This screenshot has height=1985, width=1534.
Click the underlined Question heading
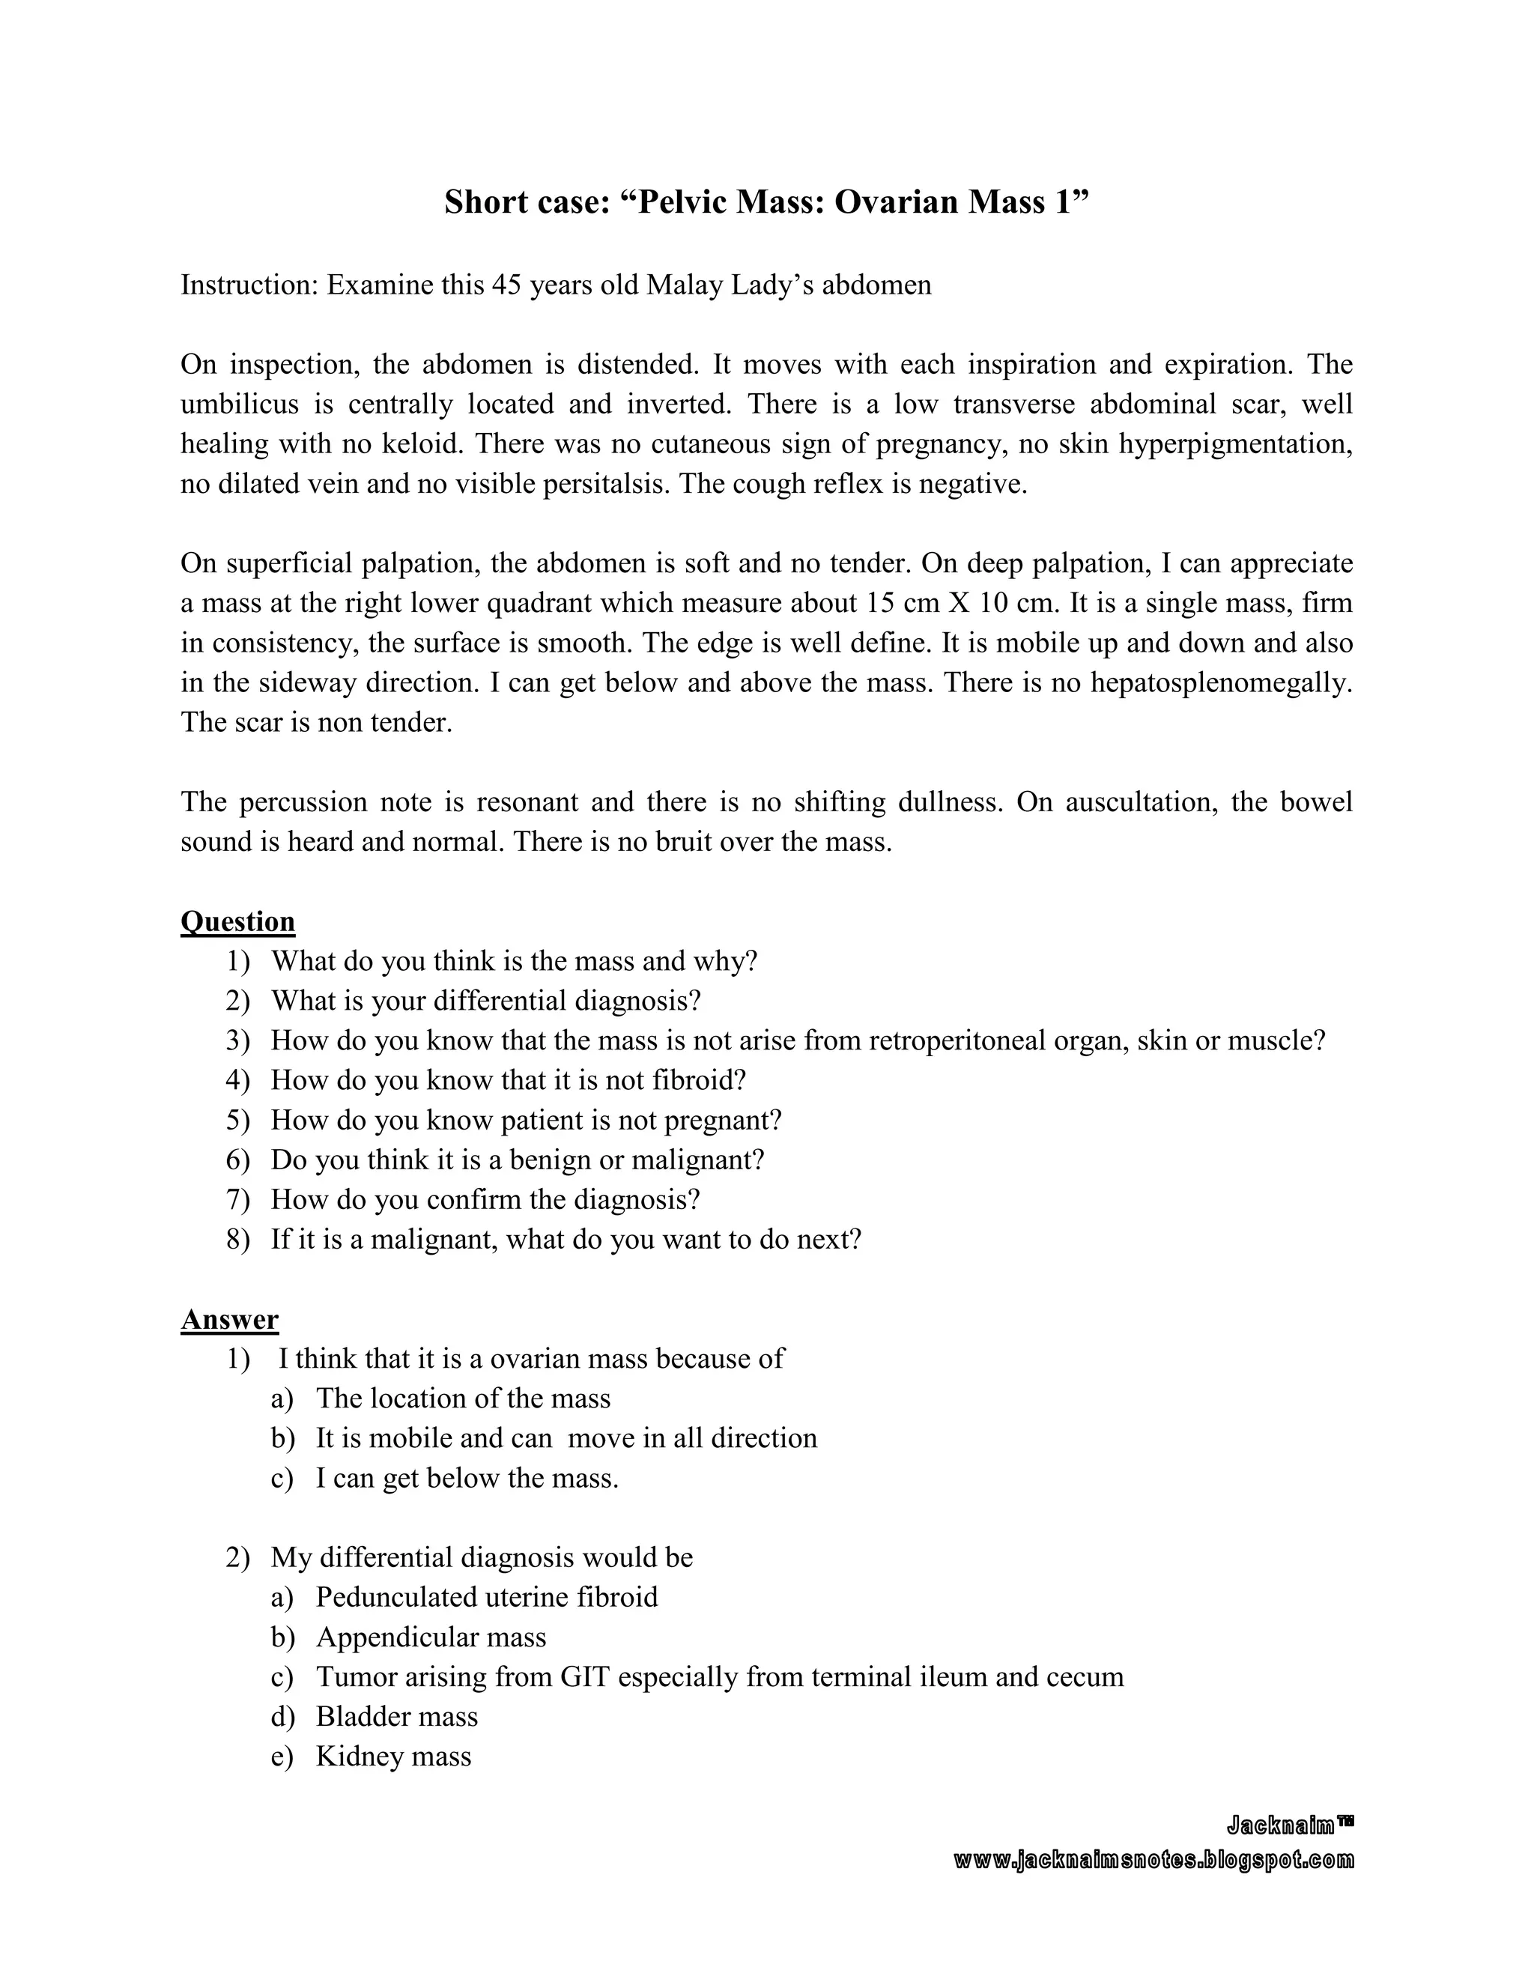pos(237,921)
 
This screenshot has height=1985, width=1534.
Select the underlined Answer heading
pos(229,1319)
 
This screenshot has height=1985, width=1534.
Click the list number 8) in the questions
pos(237,1240)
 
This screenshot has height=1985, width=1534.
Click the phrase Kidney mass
pos(393,1756)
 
